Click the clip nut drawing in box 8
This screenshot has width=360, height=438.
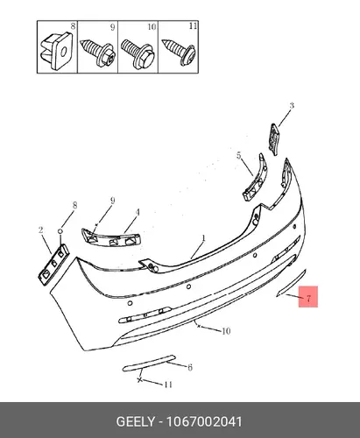tap(56, 51)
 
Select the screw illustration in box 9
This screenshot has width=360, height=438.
tap(97, 52)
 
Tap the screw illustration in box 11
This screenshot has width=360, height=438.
tap(179, 52)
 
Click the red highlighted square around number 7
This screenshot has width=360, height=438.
tap(308, 297)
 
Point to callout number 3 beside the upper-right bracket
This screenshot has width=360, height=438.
tap(292, 106)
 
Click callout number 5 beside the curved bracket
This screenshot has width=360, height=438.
tap(239, 156)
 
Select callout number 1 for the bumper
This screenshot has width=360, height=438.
tap(203, 238)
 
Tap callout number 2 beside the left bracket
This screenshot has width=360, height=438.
tap(41, 230)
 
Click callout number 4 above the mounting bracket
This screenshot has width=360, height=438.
tap(138, 212)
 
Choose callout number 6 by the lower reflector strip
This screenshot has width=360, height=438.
tap(190, 367)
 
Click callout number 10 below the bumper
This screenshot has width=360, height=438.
tap(226, 331)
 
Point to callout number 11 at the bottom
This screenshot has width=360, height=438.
tap(168, 385)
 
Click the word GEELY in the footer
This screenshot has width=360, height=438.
tap(136, 422)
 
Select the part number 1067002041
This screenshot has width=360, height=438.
tap(204, 422)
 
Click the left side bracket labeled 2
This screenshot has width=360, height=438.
tap(53, 265)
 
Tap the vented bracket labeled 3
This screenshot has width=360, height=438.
tap(274, 139)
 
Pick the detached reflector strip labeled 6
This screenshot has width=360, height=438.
tap(149, 363)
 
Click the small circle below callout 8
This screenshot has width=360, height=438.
tap(60, 231)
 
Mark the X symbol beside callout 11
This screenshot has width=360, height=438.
tap(140, 380)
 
